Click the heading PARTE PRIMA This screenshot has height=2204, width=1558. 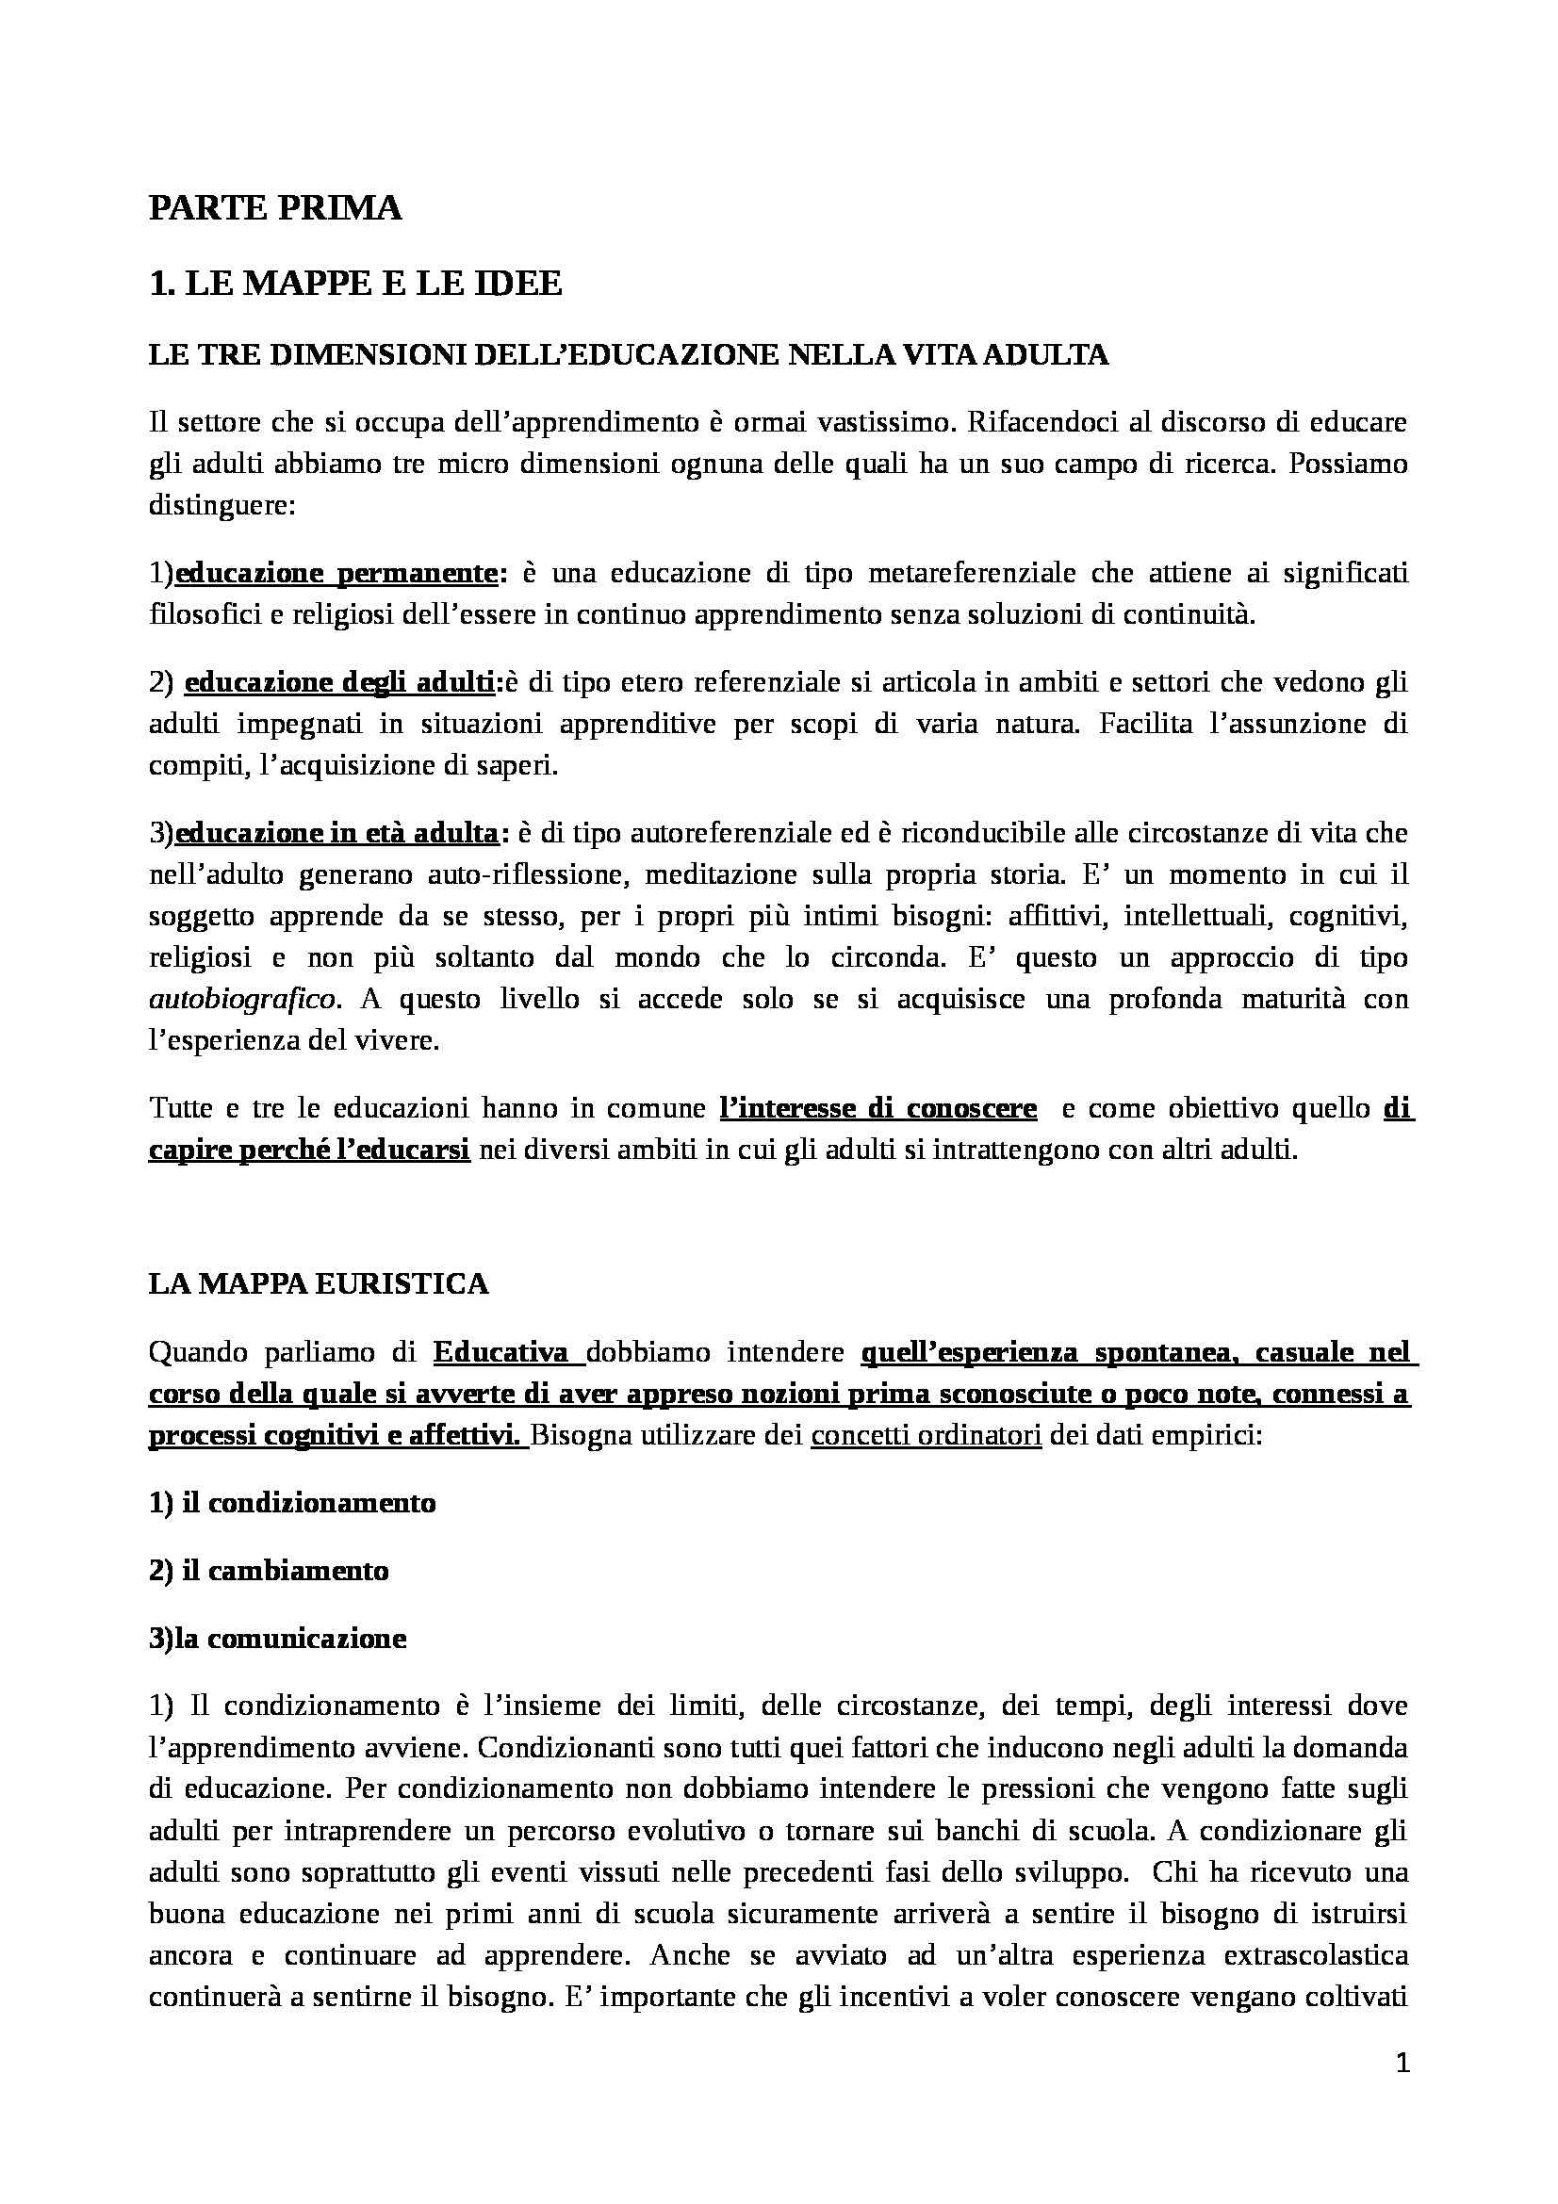point(274,209)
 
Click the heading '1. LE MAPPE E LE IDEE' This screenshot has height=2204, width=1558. point(355,286)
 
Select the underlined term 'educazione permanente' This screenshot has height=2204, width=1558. point(336,574)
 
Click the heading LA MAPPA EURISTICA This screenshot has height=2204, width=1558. point(319,1283)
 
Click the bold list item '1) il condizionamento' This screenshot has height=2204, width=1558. point(293,1502)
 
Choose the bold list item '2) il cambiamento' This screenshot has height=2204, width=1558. point(269,1572)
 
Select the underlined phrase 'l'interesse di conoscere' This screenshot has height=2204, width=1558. point(878,1109)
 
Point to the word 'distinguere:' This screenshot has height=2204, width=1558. point(221,506)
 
